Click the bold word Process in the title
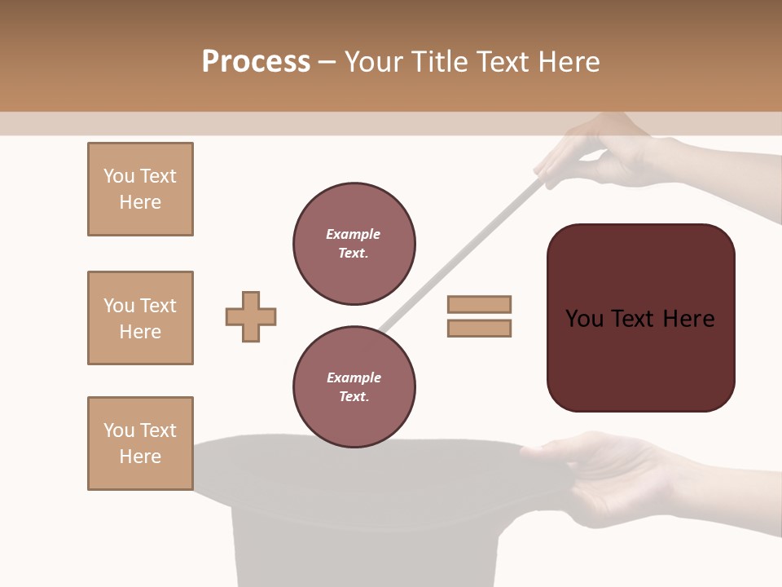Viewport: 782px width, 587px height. pyautogui.click(x=256, y=62)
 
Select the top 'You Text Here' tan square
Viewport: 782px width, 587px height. pyautogui.click(x=140, y=189)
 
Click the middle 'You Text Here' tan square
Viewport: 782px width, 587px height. pyautogui.click(x=140, y=318)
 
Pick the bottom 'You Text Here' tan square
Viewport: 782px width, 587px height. pyautogui.click(x=140, y=444)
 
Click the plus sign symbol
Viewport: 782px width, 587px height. pyautogui.click(x=251, y=316)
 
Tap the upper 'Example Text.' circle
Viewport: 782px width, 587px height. pyautogui.click(x=354, y=244)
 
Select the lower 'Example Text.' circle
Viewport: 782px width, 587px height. pyautogui.click(x=354, y=386)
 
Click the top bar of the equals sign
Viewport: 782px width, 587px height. pyautogui.click(x=479, y=304)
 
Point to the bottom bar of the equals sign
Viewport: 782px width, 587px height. pyautogui.click(x=479, y=328)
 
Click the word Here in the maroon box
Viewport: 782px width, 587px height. pyautogui.click(x=689, y=319)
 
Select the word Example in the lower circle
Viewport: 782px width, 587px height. pyautogui.click(x=354, y=377)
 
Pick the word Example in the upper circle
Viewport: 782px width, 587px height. pyautogui.click(x=354, y=234)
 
